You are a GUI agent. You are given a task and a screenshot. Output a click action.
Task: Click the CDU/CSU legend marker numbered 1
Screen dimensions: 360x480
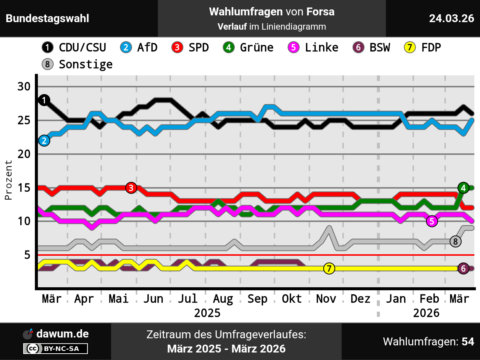47,48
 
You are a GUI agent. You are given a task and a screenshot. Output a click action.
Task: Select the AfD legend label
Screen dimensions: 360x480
147,48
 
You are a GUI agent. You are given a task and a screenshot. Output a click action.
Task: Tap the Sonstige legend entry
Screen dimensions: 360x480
85,64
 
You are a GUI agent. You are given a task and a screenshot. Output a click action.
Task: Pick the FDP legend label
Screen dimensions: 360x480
431,48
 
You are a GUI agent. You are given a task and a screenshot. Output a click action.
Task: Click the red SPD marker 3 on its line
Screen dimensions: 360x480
131,188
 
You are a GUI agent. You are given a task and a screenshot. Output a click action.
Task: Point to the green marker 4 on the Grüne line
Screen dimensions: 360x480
463,188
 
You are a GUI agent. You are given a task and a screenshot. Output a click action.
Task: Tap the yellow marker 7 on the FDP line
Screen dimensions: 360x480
329,268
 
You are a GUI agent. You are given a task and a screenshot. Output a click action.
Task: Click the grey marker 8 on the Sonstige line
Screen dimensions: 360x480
456,241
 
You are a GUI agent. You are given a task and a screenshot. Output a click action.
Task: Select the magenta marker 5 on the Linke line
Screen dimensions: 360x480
432,221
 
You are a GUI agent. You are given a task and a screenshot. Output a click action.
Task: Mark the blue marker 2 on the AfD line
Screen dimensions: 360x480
44,141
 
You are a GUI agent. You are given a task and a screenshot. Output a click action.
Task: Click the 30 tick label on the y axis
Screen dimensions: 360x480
24,87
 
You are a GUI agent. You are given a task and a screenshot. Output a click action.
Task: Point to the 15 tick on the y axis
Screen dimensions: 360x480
24,187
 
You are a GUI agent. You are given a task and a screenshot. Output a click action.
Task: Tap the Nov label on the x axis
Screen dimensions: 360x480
326,299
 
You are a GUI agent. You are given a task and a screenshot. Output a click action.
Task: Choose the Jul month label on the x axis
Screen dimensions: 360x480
187,299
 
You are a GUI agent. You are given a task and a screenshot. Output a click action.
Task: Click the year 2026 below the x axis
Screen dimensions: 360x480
426,313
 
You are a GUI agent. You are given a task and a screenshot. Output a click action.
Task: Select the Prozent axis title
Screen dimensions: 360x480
8,180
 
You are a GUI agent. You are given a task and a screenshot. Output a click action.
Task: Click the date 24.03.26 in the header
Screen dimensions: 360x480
451,18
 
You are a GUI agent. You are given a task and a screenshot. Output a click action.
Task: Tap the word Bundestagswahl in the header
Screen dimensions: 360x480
48,18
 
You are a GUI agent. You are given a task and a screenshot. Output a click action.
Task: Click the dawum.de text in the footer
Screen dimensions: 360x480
63,334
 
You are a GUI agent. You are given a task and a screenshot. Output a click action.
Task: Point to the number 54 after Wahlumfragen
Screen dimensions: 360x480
468,342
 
